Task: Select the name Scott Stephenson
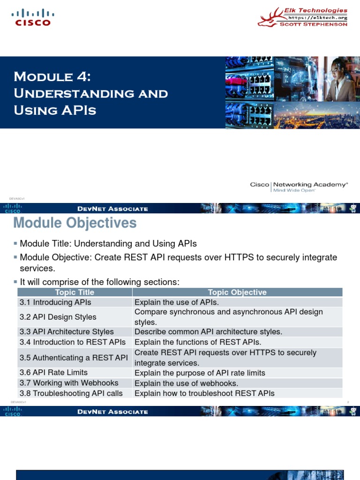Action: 314,24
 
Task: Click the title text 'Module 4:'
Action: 58,76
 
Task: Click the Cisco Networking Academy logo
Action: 299,187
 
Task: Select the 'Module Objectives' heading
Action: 75,223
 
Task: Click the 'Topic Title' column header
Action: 75,292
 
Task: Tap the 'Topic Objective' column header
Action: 237,292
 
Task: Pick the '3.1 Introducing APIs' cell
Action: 55,302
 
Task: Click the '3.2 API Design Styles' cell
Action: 58,317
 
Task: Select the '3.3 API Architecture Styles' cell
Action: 67,332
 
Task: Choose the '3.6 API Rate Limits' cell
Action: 53,373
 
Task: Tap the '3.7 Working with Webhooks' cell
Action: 69,383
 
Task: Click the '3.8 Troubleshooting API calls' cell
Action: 71,393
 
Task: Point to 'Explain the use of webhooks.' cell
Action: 186,383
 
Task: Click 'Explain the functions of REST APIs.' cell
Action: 198,342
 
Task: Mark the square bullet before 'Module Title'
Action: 15,244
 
